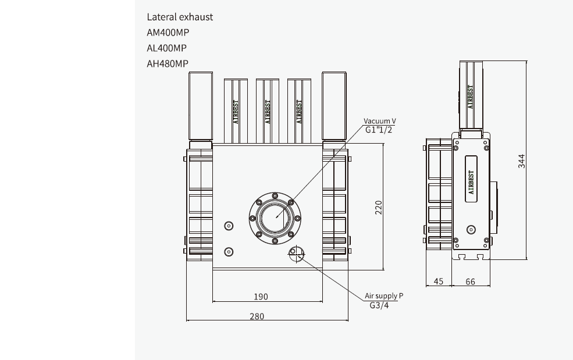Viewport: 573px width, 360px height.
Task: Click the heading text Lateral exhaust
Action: point(180,17)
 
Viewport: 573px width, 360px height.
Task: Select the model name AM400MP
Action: point(168,33)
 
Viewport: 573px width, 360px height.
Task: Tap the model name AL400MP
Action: point(167,48)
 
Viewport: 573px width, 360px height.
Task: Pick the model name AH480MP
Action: point(168,64)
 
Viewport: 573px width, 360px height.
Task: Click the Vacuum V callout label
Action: point(380,121)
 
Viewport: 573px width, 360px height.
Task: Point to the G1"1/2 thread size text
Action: point(379,130)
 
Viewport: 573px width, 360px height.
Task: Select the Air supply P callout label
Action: point(383,296)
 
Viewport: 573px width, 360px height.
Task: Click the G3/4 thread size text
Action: point(379,305)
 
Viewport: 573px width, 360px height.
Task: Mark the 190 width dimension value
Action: point(261,297)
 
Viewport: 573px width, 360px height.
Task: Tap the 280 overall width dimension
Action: point(257,316)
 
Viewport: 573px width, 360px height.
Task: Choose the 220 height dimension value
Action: point(378,207)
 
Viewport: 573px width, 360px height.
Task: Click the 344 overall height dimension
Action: point(522,161)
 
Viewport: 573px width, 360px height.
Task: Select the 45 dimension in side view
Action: point(439,281)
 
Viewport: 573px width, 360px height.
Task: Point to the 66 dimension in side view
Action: point(470,281)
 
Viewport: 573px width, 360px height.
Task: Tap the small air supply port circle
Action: point(296,252)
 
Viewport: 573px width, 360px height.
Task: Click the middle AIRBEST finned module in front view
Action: point(267,111)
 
